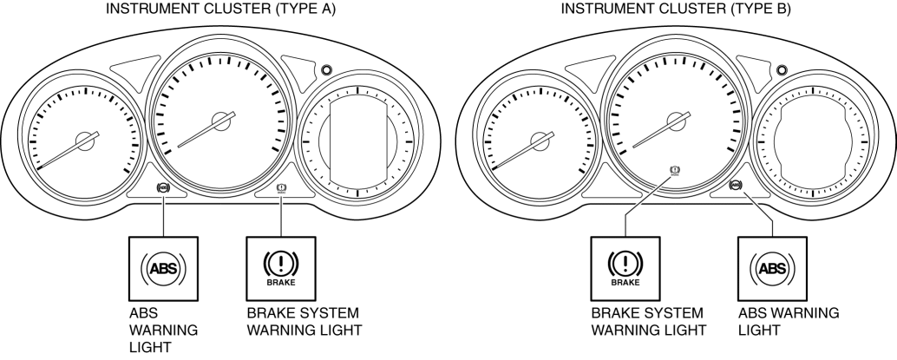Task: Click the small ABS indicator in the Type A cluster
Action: (164, 187)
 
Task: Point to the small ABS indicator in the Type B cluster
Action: (737, 185)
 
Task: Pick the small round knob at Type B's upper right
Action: (782, 70)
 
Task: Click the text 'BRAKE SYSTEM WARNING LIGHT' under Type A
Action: (304, 321)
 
